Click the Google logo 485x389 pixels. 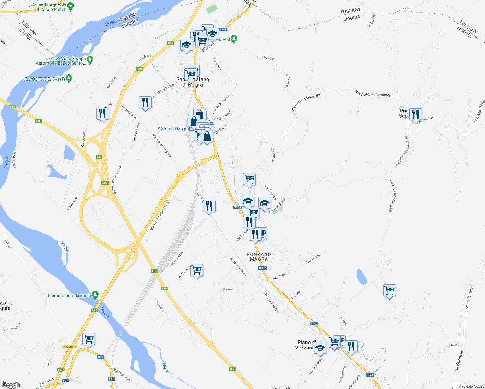tap(11, 385)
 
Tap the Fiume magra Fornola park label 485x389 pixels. tap(69, 296)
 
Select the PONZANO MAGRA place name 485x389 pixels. tap(259, 257)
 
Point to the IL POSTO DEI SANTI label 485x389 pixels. tap(44, 79)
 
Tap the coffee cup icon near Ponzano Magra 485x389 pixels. tap(263, 233)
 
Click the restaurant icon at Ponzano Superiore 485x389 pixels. tap(415, 114)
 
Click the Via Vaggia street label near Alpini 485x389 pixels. tap(266, 58)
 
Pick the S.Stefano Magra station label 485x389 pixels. tap(173, 129)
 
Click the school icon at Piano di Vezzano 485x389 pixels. tap(320, 348)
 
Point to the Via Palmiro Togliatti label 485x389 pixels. tap(162, 146)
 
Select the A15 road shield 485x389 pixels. tap(94, 310)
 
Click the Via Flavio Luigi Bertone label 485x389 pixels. tap(160, 216)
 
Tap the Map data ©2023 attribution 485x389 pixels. tap(471, 386)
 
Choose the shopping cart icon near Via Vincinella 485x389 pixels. tap(197, 270)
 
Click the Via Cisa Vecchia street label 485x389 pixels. tap(271, 302)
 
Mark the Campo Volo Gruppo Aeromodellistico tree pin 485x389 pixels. tap(90, 59)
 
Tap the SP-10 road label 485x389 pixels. tap(8, 244)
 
